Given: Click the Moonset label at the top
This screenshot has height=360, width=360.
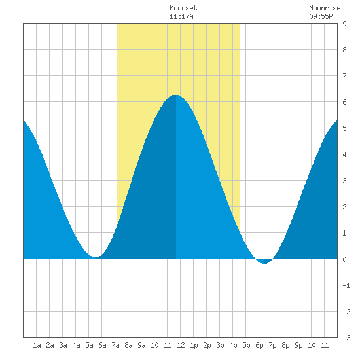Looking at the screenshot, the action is (183, 8).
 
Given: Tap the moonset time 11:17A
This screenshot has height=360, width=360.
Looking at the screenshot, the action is (181, 16).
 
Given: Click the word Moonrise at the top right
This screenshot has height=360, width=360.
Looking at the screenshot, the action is (325, 8).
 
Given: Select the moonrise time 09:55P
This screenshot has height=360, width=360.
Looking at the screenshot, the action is (321, 16).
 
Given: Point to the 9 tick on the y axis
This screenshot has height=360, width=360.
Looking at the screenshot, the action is (344, 24).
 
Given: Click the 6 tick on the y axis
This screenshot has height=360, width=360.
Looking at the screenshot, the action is (344, 102).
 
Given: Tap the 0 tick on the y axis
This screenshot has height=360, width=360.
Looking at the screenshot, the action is (344, 259).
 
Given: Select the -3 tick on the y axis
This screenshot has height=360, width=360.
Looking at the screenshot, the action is (346, 338).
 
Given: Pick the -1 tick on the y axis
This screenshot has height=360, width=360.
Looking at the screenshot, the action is (346, 285).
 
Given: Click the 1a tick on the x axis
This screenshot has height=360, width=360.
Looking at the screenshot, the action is (37, 345).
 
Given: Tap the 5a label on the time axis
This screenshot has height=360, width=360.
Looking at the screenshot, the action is (89, 345).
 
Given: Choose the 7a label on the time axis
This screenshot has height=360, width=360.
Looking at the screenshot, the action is (115, 345).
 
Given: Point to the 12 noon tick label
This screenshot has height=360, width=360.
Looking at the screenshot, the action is (181, 345).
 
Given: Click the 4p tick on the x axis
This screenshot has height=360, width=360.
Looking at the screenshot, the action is (233, 345).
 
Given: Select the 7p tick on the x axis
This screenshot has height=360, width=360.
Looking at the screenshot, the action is (272, 345).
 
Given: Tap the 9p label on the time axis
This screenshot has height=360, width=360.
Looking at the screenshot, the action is (298, 345).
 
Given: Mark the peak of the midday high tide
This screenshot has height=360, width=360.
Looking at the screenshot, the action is (175, 95).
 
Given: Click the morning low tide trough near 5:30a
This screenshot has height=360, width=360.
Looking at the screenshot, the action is (95, 257).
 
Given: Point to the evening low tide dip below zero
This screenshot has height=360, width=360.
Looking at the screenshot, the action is (264, 263).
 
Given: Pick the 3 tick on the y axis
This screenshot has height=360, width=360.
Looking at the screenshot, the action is (344, 181).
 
